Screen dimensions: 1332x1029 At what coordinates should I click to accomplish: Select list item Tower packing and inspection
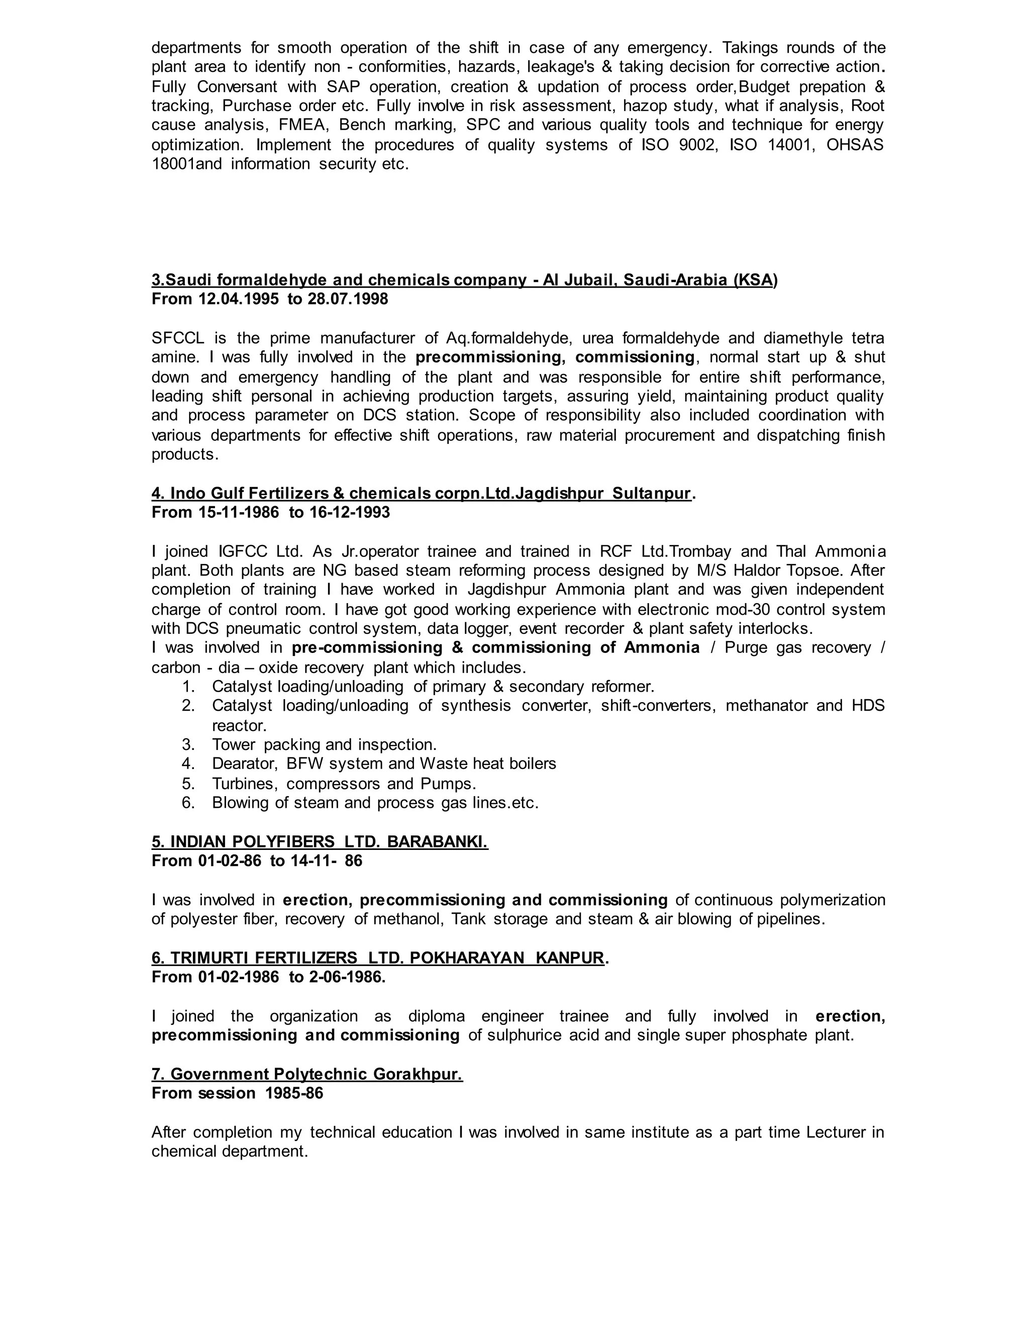point(324,745)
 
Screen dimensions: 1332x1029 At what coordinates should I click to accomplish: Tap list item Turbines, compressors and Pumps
point(344,783)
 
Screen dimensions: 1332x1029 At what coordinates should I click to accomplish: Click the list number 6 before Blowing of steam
point(188,803)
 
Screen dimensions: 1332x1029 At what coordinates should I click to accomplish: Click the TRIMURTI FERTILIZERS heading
point(378,958)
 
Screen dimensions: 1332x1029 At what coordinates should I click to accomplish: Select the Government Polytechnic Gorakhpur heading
point(307,1074)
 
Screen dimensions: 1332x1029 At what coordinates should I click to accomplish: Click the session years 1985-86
point(294,1093)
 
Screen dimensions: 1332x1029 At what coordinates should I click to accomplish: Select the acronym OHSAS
point(855,145)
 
